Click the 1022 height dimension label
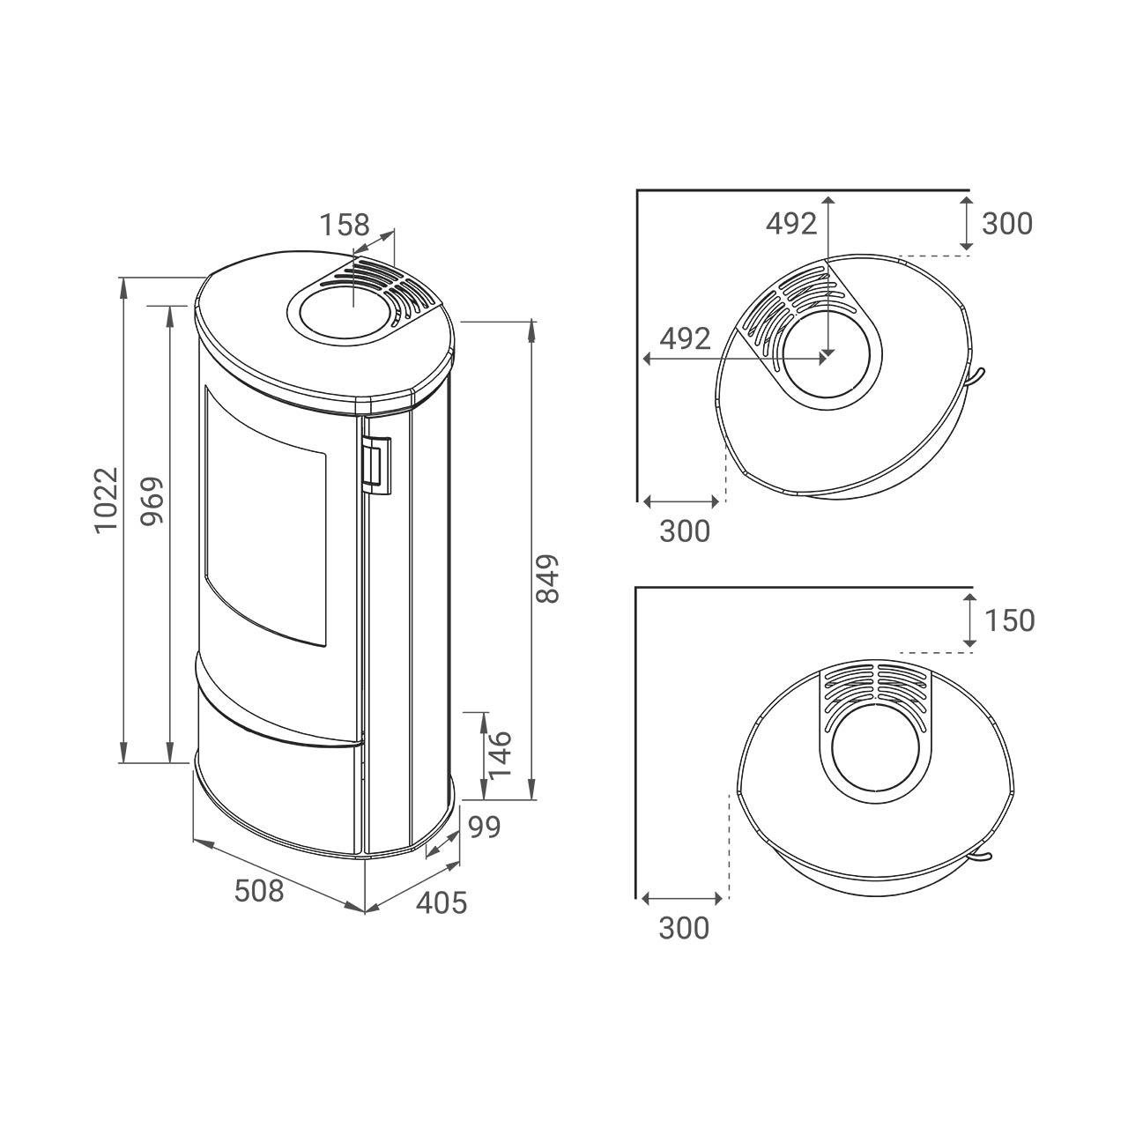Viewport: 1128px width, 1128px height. pos(107,500)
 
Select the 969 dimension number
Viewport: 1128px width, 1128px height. pos(152,501)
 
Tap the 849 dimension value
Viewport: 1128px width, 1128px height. pos(548,579)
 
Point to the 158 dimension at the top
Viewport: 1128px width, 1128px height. pos(345,225)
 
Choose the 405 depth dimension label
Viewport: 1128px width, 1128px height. pos(442,902)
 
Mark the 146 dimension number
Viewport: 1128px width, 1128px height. pos(500,755)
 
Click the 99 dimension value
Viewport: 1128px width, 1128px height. pos(484,827)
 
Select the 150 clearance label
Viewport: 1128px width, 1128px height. pos(1010,620)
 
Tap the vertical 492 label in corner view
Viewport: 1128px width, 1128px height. pos(791,224)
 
